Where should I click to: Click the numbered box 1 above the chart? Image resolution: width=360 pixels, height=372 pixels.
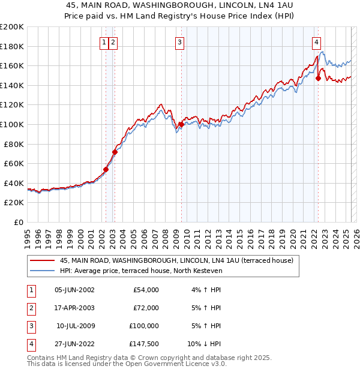click(104, 42)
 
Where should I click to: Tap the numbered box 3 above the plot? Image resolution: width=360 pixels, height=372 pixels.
click(180, 42)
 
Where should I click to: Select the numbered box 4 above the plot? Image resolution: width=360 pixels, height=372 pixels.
click(316, 42)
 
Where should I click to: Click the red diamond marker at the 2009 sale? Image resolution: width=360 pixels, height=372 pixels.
click(181, 124)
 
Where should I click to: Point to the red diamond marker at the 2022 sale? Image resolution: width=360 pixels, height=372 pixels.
click(318, 78)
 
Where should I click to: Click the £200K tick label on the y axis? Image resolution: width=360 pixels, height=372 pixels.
click(12, 27)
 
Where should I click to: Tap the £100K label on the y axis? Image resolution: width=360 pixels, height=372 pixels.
click(12, 124)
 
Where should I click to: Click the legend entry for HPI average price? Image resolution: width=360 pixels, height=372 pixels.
click(141, 271)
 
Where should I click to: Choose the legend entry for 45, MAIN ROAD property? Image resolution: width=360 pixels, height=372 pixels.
click(176, 260)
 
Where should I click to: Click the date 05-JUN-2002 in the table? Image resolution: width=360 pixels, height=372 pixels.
click(74, 290)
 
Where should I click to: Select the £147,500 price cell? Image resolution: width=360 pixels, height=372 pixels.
click(143, 344)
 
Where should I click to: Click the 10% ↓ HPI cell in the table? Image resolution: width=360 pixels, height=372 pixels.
click(204, 344)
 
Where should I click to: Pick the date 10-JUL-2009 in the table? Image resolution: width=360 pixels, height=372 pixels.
click(76, 326)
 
